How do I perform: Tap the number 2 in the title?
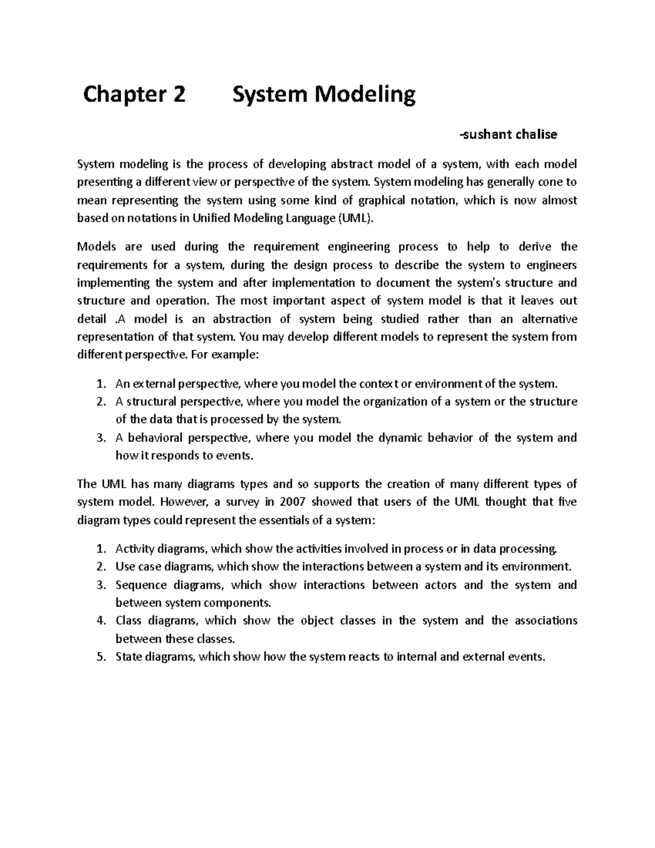[x=179, y=95]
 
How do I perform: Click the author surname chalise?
[x=537, y=134]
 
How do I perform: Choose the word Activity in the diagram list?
[x=134, y=549]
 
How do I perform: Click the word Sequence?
[x=141, y=585]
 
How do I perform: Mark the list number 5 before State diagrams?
[x=100, y=657]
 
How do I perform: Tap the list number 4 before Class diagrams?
[x=100, y=621]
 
